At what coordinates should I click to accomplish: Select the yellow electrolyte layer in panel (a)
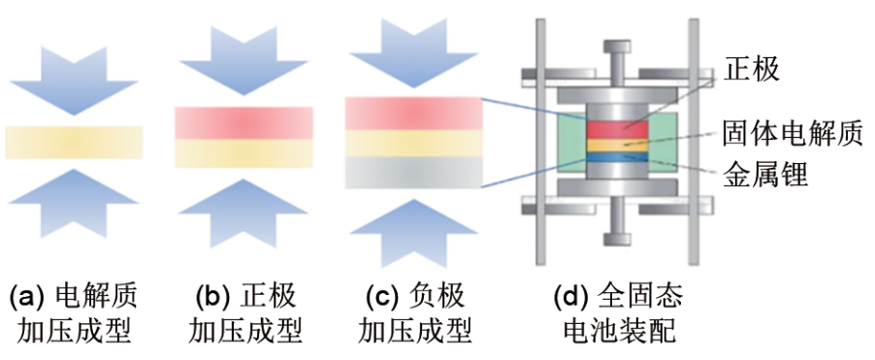click(75, 142)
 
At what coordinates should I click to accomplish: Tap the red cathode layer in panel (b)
click(243, 123)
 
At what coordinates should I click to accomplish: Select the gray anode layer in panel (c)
click(414, 173)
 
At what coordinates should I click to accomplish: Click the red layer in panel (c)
click(414, 113)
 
